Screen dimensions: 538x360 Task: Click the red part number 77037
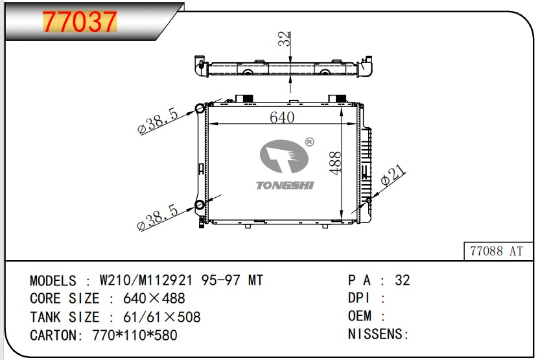coord(80,21)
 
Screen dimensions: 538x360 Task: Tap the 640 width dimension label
coord(282,117)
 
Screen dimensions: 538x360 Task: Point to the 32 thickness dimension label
coord(284,38)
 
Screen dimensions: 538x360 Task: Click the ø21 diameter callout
coord(393,176)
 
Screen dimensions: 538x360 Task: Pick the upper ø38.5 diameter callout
coord(158,120)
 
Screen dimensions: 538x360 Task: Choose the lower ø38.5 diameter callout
coord(158,217)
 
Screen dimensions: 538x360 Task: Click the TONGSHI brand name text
coord(285,186)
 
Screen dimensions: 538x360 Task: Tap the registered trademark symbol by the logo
coord(309,142)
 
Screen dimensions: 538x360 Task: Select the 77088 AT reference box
coord(498,251)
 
